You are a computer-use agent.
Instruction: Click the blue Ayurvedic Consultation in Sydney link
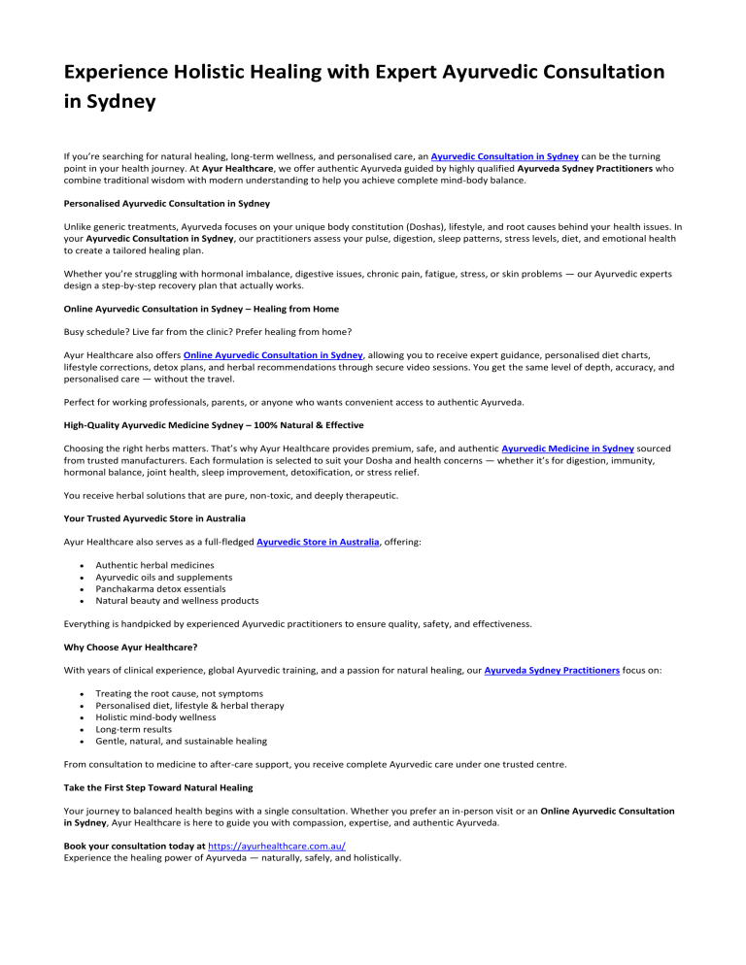coord(504,155)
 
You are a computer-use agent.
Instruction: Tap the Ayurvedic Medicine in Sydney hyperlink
coord(567,449)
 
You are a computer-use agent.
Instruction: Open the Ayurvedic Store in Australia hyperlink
coord(318,542)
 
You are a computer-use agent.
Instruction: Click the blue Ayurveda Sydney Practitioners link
coord(551,670)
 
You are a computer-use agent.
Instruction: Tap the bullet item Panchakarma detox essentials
coord(160,588)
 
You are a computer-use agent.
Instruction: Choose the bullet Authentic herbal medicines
coord(154,565)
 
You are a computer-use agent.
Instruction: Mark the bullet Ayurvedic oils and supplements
coord(163,577)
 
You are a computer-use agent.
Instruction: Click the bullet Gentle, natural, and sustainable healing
coord(181,740)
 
